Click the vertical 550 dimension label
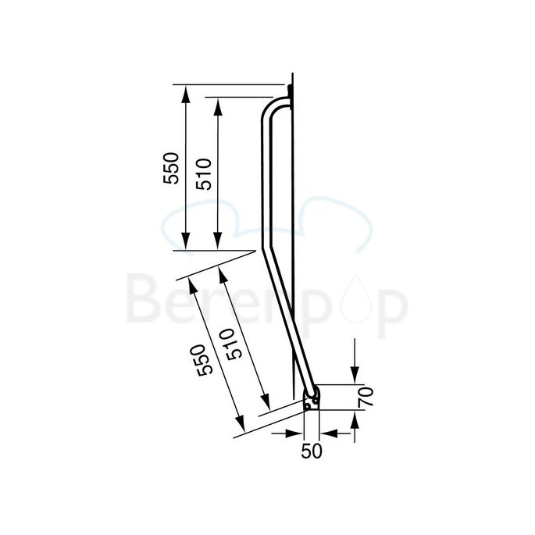(172, 167)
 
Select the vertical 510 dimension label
(203, 173)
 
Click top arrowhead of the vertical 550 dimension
(186, 92)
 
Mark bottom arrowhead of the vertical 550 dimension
(186, 243)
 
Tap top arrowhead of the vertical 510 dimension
(218, 105)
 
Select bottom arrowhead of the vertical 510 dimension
(218, 243)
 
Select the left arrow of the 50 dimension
(297, 431)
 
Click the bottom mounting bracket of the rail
(312, 399)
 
